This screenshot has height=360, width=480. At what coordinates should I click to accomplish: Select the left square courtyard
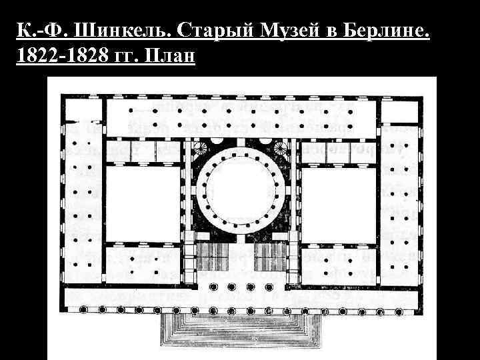pyautogui.click(x=143, y=199)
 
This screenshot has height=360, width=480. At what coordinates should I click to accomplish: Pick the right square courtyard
pyautogui.click(x=337, y=199)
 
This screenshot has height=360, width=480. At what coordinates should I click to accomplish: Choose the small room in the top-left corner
pyautogui.click(x=81, y=111)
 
